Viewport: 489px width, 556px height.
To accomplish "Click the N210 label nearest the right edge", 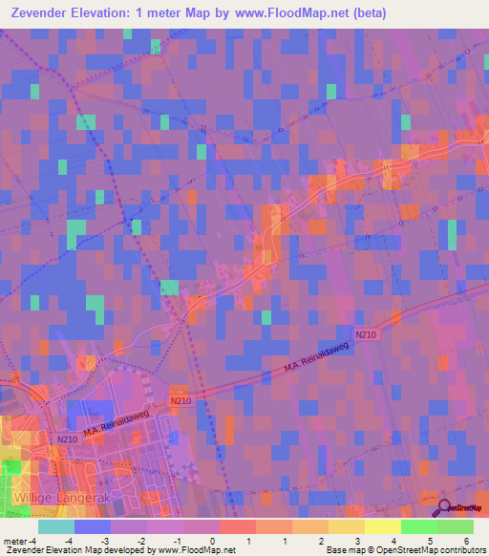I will point(366,334).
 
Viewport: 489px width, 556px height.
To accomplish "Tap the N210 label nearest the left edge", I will point(67,438).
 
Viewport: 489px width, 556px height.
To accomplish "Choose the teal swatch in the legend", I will point(56,526).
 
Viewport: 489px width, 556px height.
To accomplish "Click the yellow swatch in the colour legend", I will point(383,526).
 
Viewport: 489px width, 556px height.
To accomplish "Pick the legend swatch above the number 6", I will point(456,526).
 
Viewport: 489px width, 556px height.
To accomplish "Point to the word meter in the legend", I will point(13,540).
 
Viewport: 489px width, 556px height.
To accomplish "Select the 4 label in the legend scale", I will point(393,540).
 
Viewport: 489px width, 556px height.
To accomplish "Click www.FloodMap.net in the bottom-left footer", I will point(196,550).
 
